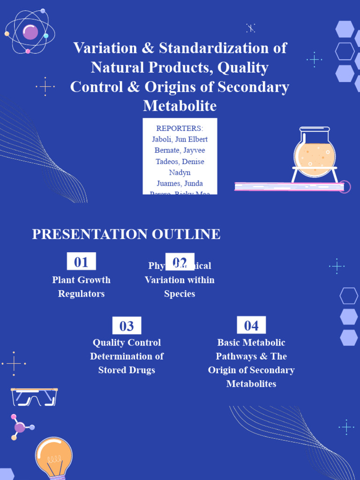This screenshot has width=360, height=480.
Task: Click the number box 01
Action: (x=81, y=262)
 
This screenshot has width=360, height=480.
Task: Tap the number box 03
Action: (x=127, y=326)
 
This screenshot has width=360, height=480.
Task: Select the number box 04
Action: (x=251, y=325)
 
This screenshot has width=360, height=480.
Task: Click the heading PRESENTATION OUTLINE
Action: (x=126, y=234)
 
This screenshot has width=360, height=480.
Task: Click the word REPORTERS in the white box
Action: (x=180, y=128)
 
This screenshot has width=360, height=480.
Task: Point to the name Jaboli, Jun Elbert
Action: (x=180, y=139)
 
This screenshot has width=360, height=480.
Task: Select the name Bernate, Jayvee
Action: (x=180, y=150)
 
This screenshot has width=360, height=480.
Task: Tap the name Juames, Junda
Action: (x=180, y=183)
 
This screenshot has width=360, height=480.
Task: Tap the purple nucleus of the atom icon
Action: (x=30, y=32)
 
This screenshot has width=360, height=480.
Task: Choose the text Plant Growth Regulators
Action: (x=81, y=286)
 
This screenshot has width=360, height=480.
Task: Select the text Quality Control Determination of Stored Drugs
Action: (x=127, y=356)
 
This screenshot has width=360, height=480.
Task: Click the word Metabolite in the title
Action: (x=180, y=106)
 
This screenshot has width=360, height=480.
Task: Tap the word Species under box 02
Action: (x=180, y=294)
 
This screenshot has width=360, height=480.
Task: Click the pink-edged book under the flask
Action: (x=289, y=187)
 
